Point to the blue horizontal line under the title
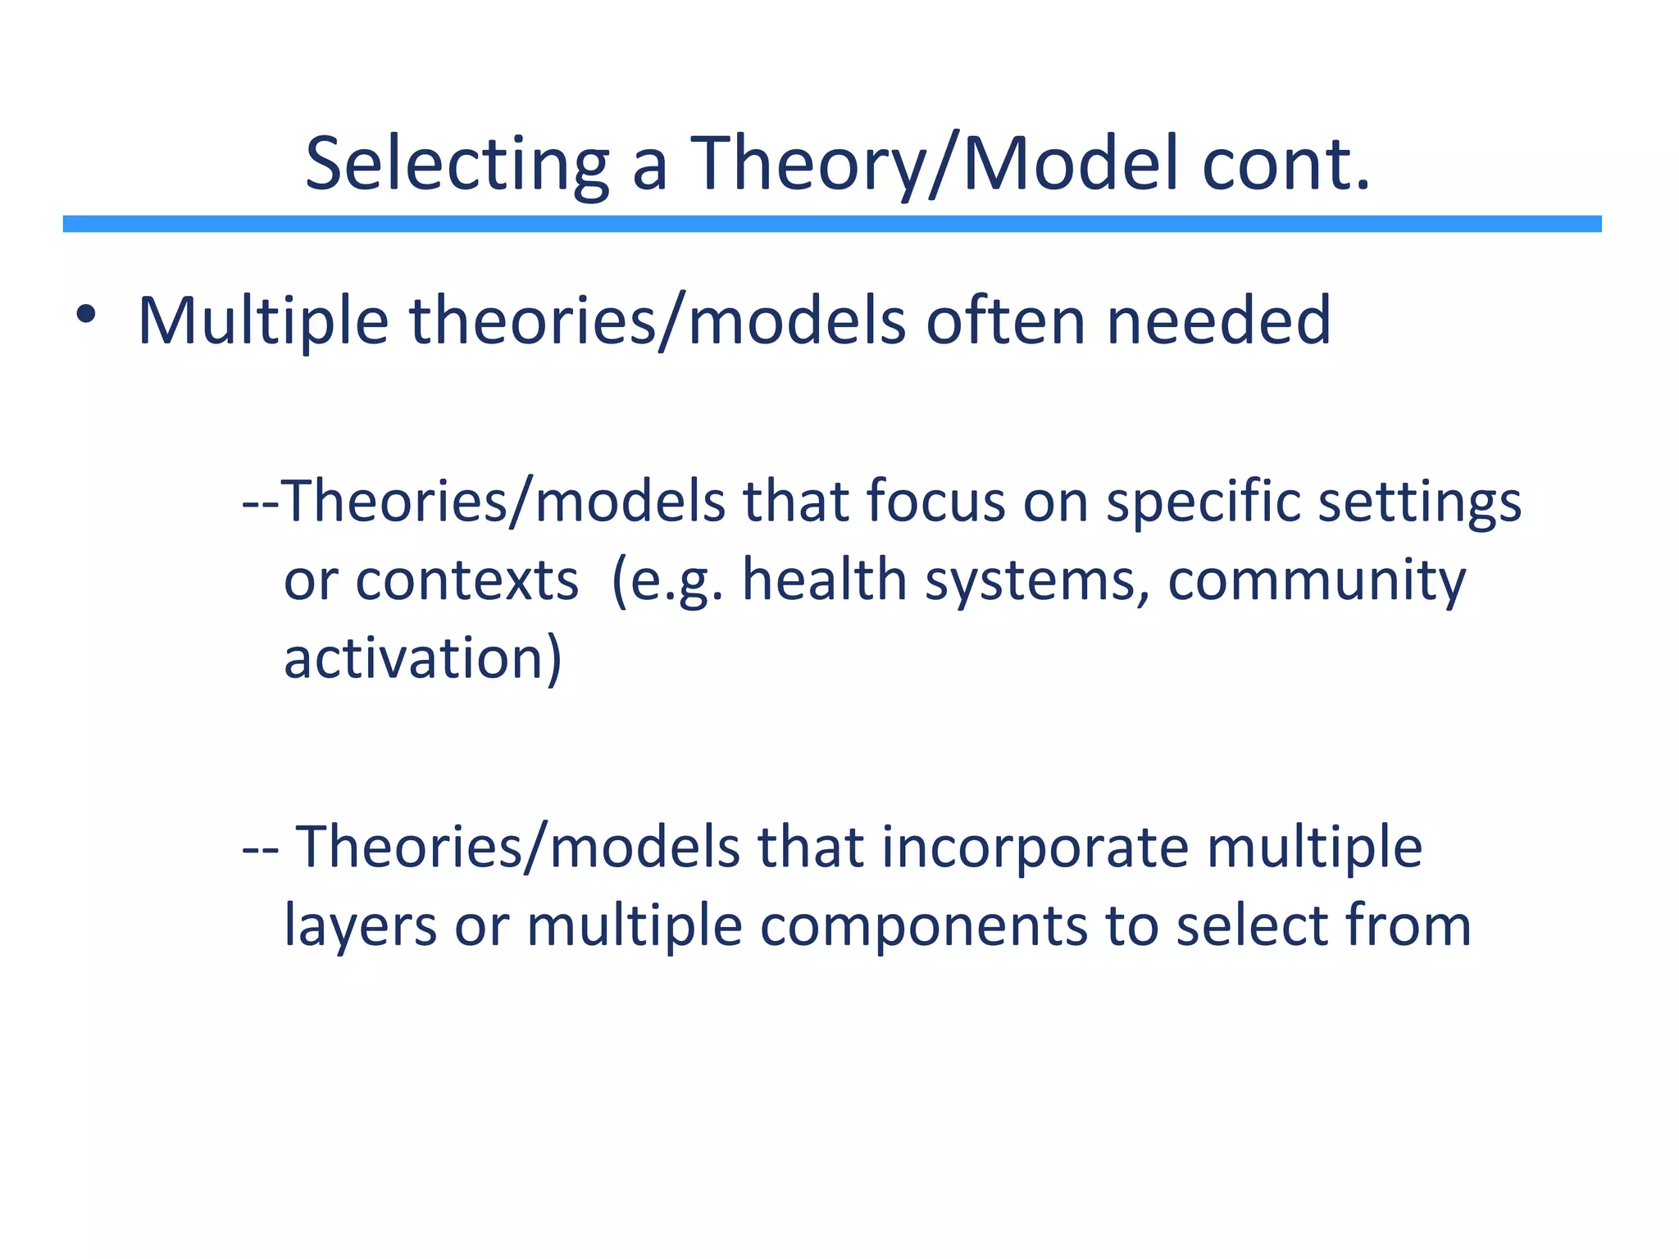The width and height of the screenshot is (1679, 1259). coord(832,224)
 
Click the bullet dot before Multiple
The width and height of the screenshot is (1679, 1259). coord(85,315)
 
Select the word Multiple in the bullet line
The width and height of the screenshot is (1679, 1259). coord(263,321)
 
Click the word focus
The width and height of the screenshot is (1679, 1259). coord(935,501)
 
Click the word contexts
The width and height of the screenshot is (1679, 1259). coord(467,580)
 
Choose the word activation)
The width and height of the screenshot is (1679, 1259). coord(423,658)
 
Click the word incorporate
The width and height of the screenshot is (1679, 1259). coord(1035,848)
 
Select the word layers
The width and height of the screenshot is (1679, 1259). coord(360,927)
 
